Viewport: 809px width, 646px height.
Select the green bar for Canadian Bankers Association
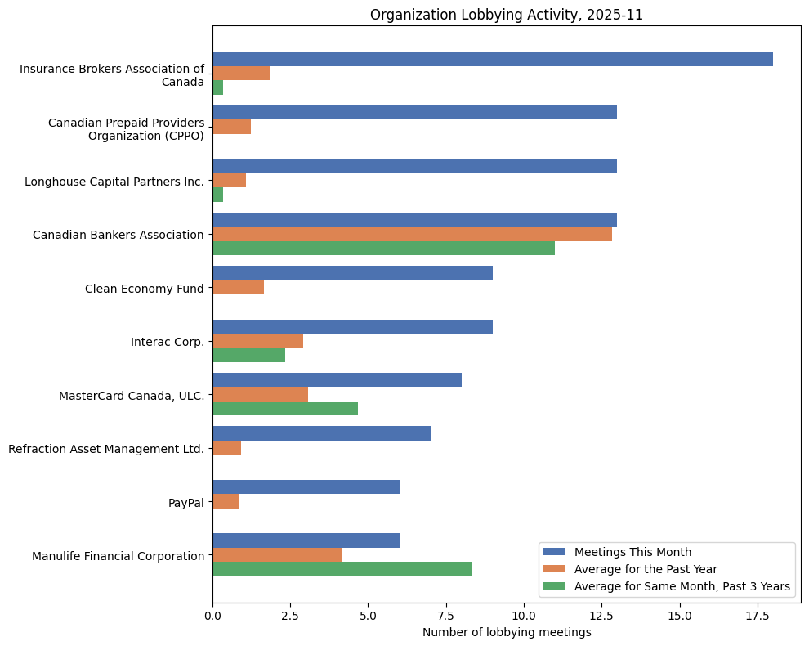click(383, 249)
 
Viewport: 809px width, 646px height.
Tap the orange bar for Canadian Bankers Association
click(412, 234)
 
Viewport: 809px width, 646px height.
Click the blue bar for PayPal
click(306, 487)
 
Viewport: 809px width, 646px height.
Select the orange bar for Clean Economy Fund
click(238, 288)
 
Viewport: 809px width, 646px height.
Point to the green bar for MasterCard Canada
click(285, 409)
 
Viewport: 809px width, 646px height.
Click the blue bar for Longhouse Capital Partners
click(414, 166)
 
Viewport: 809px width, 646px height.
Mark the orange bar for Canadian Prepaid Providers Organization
click(231, 127)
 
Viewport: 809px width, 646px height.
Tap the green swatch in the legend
click(555, 586)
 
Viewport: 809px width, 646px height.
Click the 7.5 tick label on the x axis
click(446, 616)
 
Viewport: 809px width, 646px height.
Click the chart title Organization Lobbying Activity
click(507, 15)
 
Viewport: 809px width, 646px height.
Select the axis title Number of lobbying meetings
click(507, 632)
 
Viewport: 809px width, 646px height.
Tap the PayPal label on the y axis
click(185, 502)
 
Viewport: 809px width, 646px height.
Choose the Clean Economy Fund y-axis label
click(144, 289)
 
